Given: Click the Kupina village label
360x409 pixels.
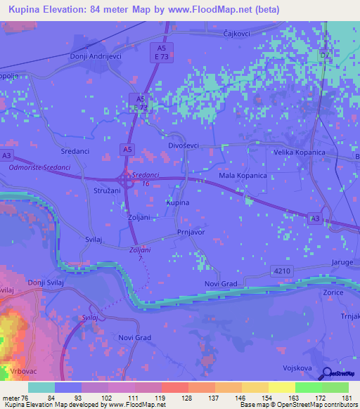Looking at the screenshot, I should [177, 202].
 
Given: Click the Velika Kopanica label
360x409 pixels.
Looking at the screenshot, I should [299, 152].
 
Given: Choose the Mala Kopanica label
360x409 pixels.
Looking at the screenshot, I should [243, 175].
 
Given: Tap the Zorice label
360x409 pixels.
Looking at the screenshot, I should [331, 292].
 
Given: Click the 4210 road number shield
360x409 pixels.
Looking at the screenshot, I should [280, 271].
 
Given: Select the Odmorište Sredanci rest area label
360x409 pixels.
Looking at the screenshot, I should [39, 168].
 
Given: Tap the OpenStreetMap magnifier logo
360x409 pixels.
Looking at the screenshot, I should [328, 375].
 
